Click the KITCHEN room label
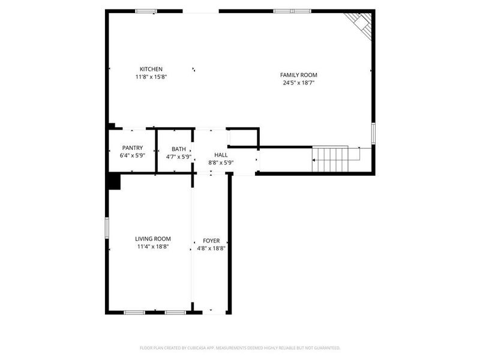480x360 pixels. (x=151, y=69)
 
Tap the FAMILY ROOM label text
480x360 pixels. (x=298, y=75)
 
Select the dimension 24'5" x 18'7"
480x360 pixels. (x=298, y=83)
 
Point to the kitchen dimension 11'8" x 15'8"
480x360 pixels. (x=151, y=77)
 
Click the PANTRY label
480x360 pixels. (x=132, y=148)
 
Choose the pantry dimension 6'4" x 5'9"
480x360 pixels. (x=132, y=156)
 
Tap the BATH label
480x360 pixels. (x=178, y=149)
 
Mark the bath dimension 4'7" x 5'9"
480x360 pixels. (x=178, y=157)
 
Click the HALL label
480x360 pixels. (x=221, y=154)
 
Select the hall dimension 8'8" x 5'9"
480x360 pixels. (x=221, y=162)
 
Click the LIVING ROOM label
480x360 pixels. (x=153, y=239)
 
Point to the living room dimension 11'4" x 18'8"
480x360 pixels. (x=153, y=247)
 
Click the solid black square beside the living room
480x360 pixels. (x=113, y=181)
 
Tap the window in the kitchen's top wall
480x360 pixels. (x=146, y=11)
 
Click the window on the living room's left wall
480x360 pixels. (x=107, y=227)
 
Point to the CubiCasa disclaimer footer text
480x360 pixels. (x=240, y=347)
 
